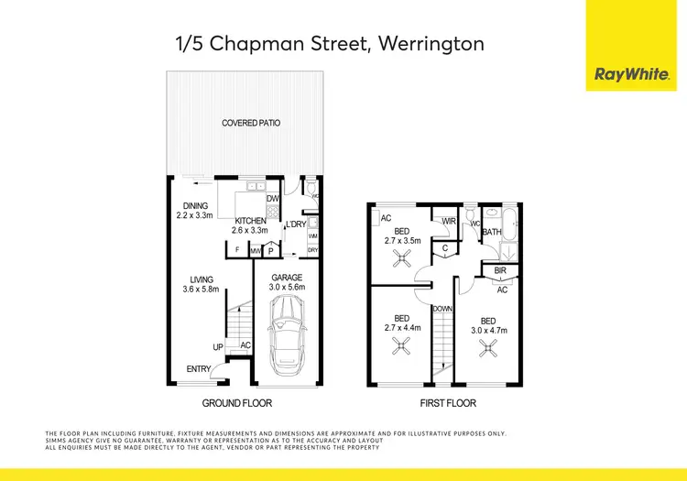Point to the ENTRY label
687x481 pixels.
click(x=198, y=369)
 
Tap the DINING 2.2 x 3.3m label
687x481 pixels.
click(x=195, y=211)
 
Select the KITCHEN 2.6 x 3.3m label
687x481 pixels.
click(x=251, y=226)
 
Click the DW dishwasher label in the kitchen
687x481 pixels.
click(x=272, y=199)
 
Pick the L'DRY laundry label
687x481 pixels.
click(x=295, y=224)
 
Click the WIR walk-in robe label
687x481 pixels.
click(x=449, y=221)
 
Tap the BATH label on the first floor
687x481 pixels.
click(x=492, y=233)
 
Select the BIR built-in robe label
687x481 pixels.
click(x=501, y=272)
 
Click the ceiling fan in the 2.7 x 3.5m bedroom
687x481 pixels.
click(x=401, y=261)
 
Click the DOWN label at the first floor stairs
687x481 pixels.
click(x=442, y=310)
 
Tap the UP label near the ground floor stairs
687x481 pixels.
click(x=218, y=347)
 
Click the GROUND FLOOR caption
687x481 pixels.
click(x=237, y=403)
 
